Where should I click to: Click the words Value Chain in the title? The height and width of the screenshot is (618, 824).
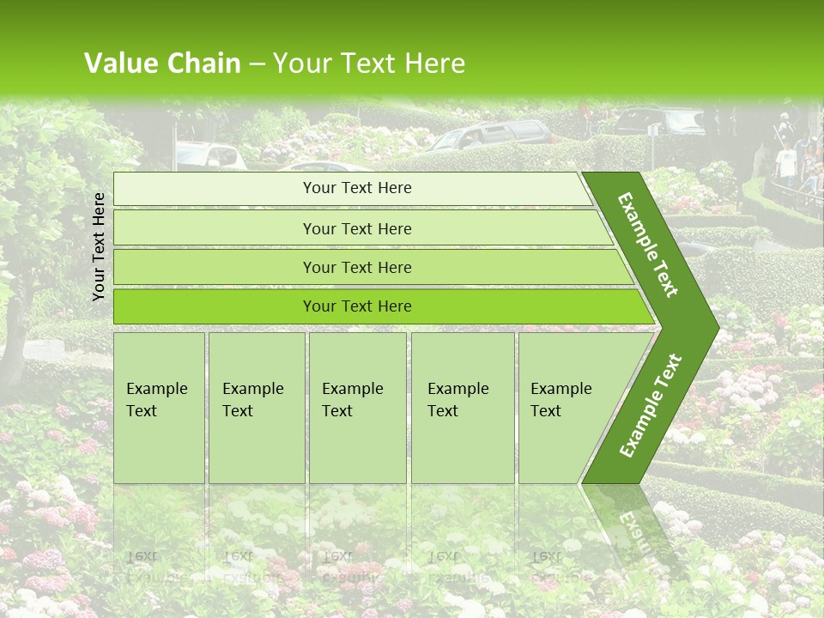pyautogui.click(x=162, y=64)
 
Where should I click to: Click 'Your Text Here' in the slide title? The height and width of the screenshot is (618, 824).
pyautogui.click(x=369, y=64)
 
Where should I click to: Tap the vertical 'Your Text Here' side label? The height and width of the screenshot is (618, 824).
pyautogui.click(x=99, y=246)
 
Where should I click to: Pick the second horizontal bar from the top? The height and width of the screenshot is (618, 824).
pyautogui.click(x=357, y=228)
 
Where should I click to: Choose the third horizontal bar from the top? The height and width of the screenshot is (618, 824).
pyautogui.click(x=357, y=267)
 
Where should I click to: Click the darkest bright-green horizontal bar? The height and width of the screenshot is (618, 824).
pyautogui.click(x=357, y=306)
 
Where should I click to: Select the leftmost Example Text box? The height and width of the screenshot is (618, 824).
pyautogui.click(x=159, y=407)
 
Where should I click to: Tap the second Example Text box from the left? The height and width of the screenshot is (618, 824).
pyautogui.click(x=256, y=407)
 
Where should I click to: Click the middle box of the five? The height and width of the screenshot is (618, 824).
pyautogui.click(x=357, y=407)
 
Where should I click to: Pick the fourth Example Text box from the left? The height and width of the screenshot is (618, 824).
pyautogui.click(x=462, y=407)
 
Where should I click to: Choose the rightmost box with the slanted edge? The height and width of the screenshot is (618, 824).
pyautogui.click(x=566, y=407)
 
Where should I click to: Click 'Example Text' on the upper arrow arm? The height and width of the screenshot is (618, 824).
pyautogui.click(x=648, y=245)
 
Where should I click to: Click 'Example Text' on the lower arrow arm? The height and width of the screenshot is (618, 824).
pyautogui.click(x=651, y=405)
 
